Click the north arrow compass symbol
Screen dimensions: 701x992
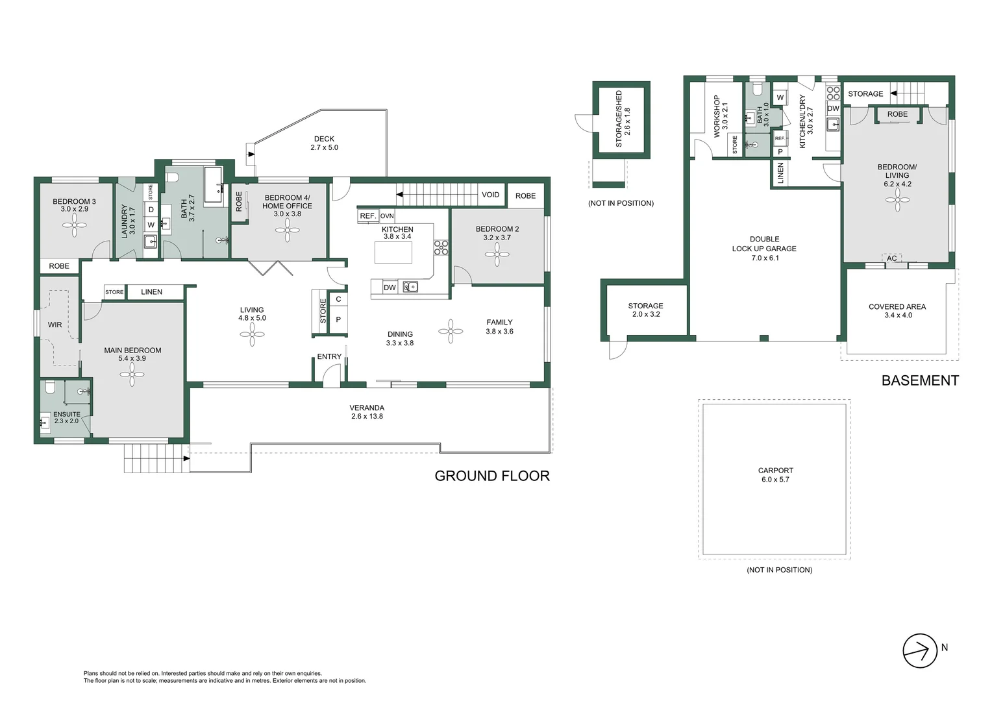coord(920,650)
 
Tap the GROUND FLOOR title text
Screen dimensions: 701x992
coord(491,476)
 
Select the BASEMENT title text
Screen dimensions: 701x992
coord(919,380)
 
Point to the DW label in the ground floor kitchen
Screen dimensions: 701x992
coord(390,288)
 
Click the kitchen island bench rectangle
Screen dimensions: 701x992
coord(393,252)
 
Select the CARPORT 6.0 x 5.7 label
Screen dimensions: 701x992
coord(775,474)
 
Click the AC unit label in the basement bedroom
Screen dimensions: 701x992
coord(891,258)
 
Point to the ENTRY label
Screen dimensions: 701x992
coord(329,356)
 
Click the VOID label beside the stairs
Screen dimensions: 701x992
coord(490,195)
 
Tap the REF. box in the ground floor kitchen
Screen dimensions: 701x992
coord(367,215)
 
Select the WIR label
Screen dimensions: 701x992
coord(55,325)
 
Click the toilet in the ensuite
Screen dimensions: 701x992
coord(50,389)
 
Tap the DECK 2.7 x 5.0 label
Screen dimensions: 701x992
coord(324,143)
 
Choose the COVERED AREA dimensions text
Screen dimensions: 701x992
coord(898,315)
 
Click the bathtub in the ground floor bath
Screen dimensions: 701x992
coord(213,185)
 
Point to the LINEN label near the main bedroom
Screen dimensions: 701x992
coord(151,292)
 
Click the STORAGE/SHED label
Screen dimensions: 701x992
coord(623,118)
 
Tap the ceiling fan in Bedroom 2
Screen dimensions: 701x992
coord(497,254)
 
